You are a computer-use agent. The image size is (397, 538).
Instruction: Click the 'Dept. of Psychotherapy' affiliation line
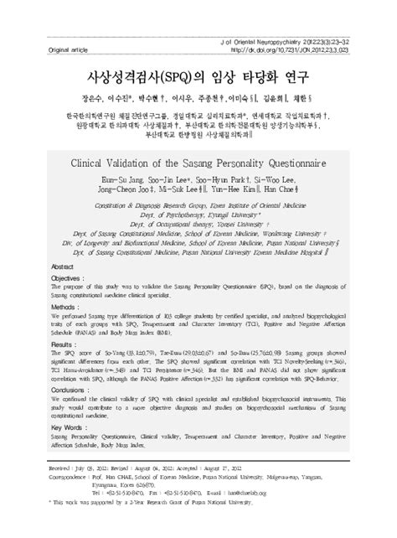pyautogui.click(x=198, y=214)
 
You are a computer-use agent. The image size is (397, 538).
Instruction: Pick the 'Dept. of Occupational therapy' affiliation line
pyautogui.click(x=198, y=225)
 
